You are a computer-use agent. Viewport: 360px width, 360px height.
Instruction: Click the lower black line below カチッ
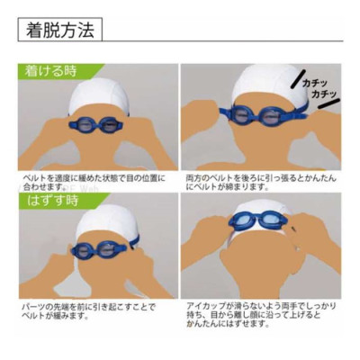(x=328, y=103)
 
